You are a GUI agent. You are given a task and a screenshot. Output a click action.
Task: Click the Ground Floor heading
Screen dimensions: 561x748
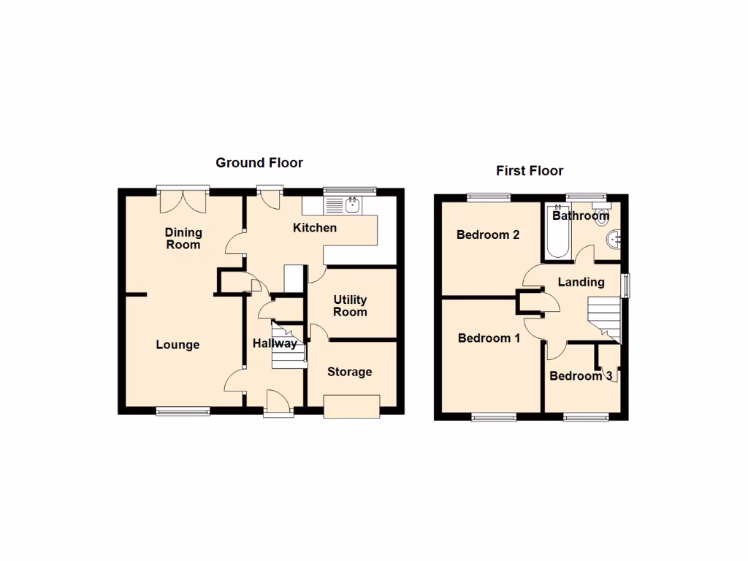coord(259,163)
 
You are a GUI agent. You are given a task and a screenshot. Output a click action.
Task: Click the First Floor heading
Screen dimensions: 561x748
coord(530,171)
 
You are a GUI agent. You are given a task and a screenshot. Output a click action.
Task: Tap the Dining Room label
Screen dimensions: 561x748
coord(183,239)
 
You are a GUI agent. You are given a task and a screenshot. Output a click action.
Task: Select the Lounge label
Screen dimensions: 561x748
coord(178,345)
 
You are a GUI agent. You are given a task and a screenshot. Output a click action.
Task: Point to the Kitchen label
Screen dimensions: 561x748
coord(315,228)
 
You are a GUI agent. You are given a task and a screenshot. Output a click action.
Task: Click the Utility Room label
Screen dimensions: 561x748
coord(350,306)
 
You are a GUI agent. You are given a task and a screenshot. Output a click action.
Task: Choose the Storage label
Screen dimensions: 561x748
coord(349,372)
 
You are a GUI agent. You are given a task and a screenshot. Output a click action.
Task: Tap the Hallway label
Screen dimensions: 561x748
coord(275,343)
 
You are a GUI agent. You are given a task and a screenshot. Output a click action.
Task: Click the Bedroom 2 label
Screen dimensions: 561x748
coord(488,235)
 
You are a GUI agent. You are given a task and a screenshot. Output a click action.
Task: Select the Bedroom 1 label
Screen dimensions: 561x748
coord(489,338)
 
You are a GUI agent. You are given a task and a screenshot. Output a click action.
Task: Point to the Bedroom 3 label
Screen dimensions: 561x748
coord(581,376)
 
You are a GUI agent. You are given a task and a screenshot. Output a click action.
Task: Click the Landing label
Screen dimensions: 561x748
coord(581,282)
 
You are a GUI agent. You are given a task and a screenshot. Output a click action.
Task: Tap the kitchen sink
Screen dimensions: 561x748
coord(351,205)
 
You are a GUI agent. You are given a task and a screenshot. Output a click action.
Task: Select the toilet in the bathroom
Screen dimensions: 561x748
coord(602,215)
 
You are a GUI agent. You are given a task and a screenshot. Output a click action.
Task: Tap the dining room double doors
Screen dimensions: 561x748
coord(183,197)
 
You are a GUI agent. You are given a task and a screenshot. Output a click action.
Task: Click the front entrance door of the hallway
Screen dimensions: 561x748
coord(279,404)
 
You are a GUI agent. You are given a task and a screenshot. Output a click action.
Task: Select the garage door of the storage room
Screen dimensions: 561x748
coord(351,406)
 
